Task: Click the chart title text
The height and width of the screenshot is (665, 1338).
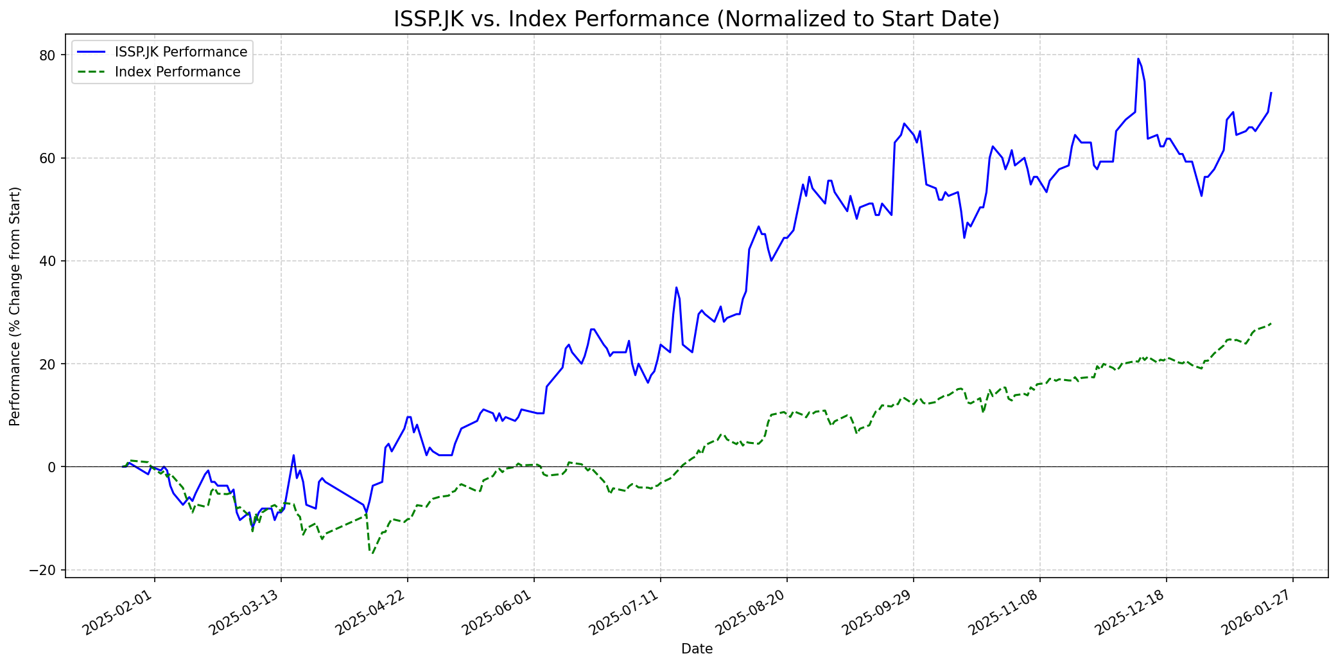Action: click(697, 19)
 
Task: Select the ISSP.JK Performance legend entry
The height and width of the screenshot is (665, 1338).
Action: click(180, 52)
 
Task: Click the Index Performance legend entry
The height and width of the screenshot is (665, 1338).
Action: click(177, 72)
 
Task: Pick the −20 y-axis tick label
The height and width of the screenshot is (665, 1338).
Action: click(44, 570)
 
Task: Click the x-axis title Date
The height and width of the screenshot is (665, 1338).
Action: click(697, 649)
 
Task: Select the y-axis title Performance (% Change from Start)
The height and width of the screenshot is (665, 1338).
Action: click(15, 306)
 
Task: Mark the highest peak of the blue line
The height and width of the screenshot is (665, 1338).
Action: click(1138, 58)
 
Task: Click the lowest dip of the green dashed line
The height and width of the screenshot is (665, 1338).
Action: click(371, 553)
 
